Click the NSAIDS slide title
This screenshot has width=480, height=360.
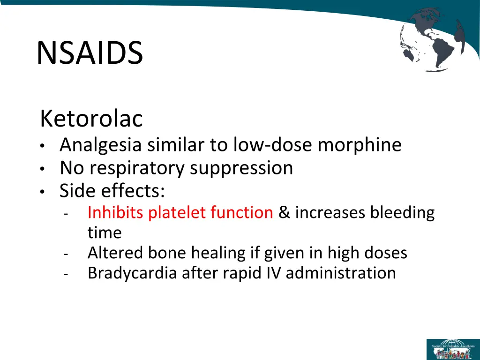90,53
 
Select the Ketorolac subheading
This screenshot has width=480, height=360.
91,119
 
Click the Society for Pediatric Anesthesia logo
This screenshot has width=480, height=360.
452,349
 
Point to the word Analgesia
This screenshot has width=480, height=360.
100,145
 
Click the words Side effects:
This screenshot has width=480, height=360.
112,191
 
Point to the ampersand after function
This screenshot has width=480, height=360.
284,213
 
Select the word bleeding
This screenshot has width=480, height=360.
403,213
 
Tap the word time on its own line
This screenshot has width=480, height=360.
105,233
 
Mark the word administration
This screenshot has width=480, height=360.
341,273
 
